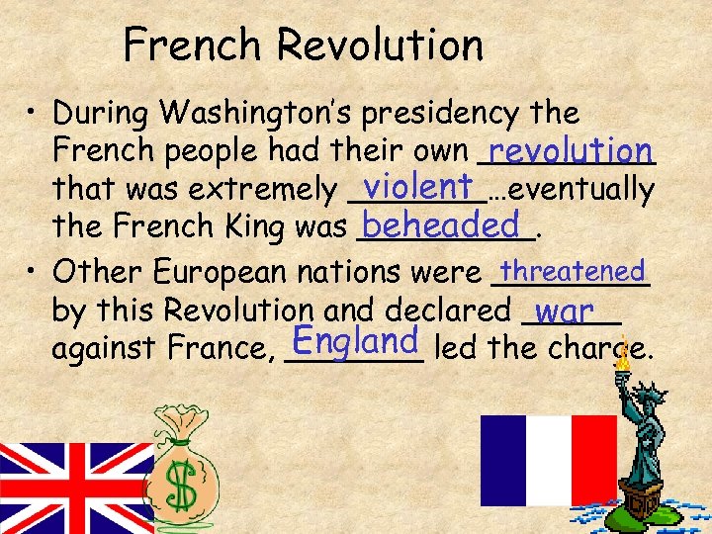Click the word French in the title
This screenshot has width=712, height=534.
[x=193, y=44]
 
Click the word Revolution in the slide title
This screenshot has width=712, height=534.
[x=381, y=44]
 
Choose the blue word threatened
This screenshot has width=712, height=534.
[x=573, y=270]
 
